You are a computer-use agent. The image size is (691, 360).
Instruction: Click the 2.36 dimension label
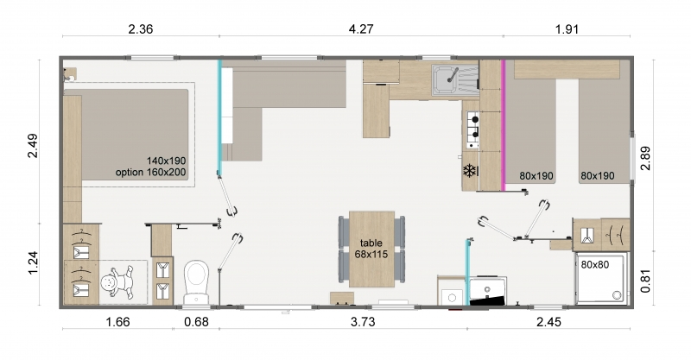tap(141, 29)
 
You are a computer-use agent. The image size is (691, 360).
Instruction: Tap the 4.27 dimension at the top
tap(361, 29)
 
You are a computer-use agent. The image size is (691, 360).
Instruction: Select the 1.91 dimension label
tap(567, 29)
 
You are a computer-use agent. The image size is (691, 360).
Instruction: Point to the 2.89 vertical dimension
tap(645, 158)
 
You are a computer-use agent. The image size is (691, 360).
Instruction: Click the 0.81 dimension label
tap(645, 281)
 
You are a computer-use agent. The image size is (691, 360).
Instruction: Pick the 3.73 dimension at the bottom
tap(363, 322)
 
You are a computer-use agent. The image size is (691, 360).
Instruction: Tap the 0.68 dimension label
tap(196, 322)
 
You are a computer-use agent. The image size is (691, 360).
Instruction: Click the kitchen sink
tap(455, 80)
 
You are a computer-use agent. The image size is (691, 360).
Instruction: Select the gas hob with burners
tap(472, 129)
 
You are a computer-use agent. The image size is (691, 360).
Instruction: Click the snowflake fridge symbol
tap(470, 171)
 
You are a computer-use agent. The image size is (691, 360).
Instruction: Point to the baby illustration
tap(117, 282)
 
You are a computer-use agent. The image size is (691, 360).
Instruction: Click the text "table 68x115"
tap(371, 249)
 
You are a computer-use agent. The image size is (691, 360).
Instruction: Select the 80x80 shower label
tap(595, 265)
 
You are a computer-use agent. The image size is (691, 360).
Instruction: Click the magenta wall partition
tap(504, 124)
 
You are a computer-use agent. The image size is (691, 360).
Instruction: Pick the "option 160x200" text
tap(150, 173)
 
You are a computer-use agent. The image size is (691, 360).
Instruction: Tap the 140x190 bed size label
tap(166, 161)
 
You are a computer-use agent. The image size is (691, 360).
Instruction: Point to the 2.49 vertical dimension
tap(33, 145)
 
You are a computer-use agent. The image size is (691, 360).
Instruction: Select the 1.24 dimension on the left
tap(33, 263)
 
